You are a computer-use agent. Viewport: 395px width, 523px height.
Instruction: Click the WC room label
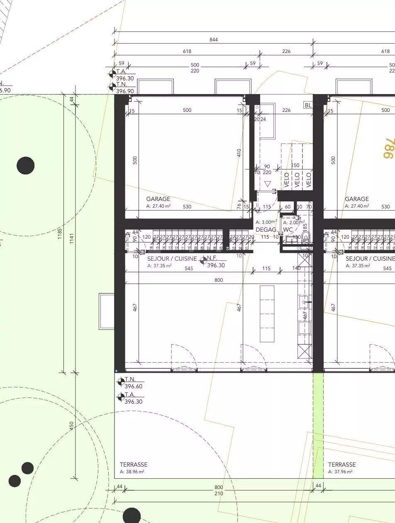(x=288, y=230)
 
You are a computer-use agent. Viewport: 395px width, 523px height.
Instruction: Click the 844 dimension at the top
(x=214, y=40)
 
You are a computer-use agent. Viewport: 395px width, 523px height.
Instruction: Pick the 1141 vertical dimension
(x=72, y=237)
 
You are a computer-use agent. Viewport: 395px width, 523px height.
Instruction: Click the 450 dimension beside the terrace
(x=71, y=426)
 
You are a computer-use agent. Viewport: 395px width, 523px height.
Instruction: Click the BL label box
(x=308, y=105)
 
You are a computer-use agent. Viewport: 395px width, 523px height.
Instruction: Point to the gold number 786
(x=388, y=148)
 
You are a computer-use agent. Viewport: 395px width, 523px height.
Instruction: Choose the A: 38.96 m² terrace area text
(x=132, y=472)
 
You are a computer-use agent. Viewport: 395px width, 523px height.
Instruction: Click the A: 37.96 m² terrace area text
(x=340, y=472)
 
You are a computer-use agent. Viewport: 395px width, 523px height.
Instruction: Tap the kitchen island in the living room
(x=267, y=313)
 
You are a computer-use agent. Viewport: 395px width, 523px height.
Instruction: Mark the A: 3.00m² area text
(x=266, y=222)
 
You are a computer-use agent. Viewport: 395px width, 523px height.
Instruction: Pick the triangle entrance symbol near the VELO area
(x=267, y=184)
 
